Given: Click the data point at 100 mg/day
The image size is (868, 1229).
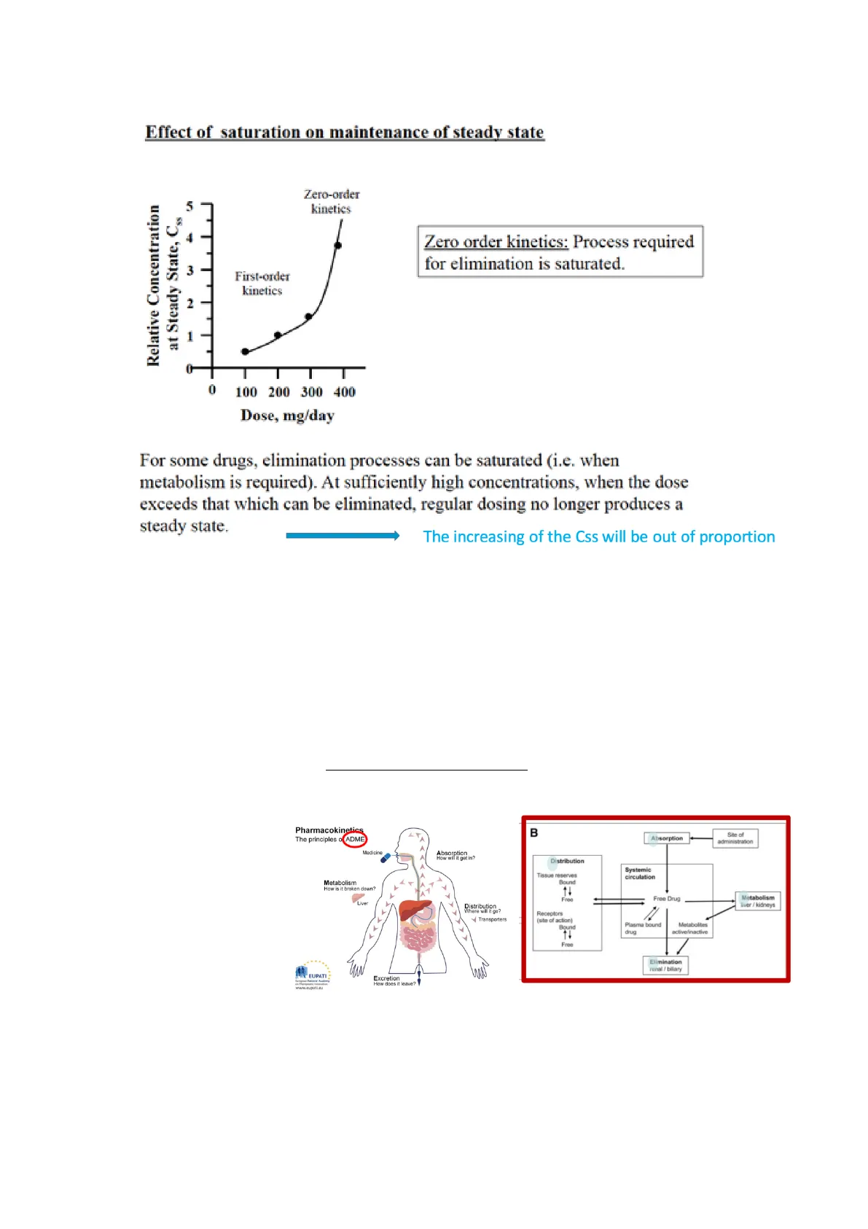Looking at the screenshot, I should pyautogui.click(x=246, y=351).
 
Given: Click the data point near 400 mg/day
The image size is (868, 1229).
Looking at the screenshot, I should pyautogui.click(x=337, y=246).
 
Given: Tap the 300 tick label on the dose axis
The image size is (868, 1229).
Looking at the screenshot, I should pyautogui.click(x=311, y=392).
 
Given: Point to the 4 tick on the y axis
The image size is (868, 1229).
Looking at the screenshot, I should pyautogui.click(x=190, y=238).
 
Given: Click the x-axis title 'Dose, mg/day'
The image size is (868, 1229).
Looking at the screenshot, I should pyautogui.click(x=287, y=415).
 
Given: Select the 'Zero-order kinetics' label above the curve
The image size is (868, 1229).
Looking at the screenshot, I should pyautogui.click(x=332, y=201).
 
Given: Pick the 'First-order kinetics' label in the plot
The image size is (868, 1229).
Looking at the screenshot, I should pyautogui.click(x=262, y=283).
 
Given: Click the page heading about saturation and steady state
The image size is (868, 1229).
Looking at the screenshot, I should pyautogui.click(x=345, y=132).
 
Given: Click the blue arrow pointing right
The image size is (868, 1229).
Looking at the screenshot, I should pyautogui.click(x=343, y=536).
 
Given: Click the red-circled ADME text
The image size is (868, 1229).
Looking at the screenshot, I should pyautogui.click(x=355, y=839).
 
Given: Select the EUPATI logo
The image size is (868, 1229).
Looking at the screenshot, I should pyautogui.click(x=313, y=975).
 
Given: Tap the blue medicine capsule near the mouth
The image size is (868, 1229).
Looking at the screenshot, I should pyautogui.click(x=386, y=859).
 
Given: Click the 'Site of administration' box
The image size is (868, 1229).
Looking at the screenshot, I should pyautogui.click(x=735, y=838).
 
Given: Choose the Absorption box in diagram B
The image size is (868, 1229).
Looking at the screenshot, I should pyautogui.click(x=667, y=838).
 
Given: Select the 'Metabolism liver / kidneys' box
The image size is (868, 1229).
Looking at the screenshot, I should pyautogui.click(x=758, y=901).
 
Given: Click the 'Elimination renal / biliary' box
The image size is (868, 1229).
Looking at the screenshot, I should pyautogui.click(x=665, y=965).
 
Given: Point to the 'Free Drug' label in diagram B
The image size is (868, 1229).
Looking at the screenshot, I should pyautogui.click(x=666, y=899).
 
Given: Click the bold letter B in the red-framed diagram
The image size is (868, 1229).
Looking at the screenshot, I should pyautogui.click(x=534, y=832).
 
